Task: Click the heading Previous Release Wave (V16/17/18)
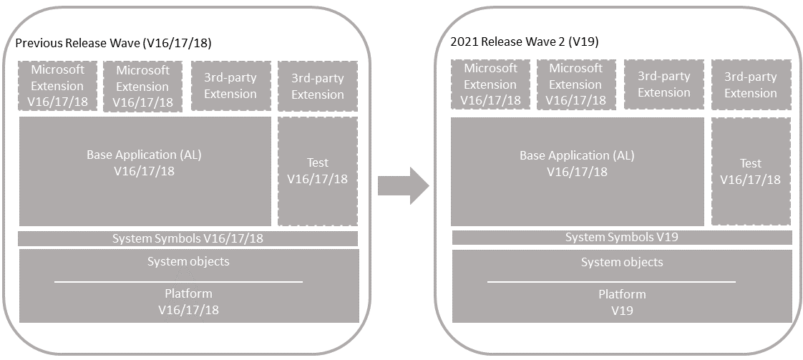tap(113, 44)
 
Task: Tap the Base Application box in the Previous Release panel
tap(145, 171)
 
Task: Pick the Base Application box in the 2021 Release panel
tap(577, 172)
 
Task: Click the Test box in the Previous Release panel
tap(318, 171)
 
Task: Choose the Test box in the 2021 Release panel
tap(751, 172)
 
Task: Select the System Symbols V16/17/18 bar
tap(188, 238)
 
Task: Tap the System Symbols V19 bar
tap(622, 238)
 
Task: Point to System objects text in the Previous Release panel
tap(188, 262)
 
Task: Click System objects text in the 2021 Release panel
tap(622, 262)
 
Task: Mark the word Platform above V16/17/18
tap(188, 294)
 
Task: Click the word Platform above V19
tap(622, 294)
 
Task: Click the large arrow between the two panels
tap(404, 185)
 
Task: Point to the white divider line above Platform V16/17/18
tap(179, 282)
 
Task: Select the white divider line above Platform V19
tap(611, 282)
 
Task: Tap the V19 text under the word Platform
tap(622, 311)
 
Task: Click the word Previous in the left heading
tap(39, 44)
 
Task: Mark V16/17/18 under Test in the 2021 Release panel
tap(751, 180)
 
